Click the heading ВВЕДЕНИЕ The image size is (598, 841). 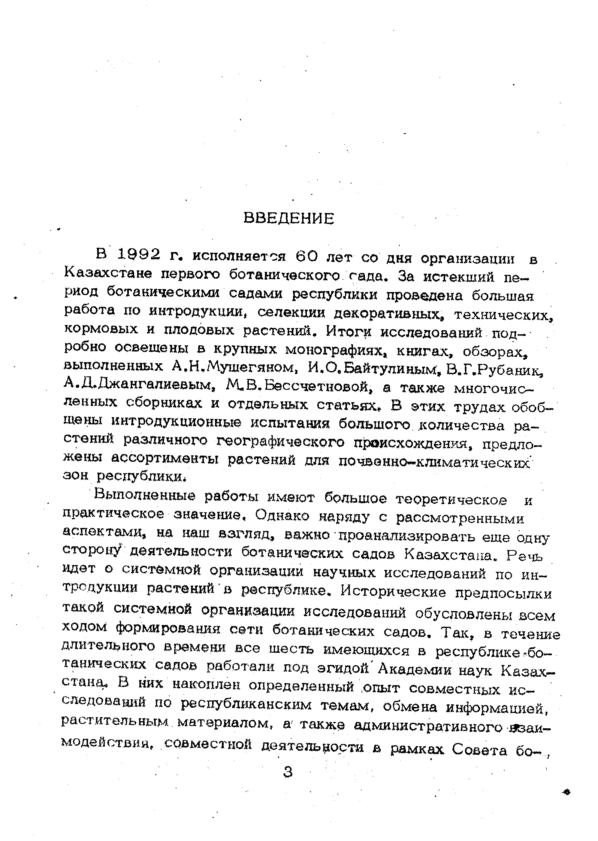[x=288, y=219]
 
